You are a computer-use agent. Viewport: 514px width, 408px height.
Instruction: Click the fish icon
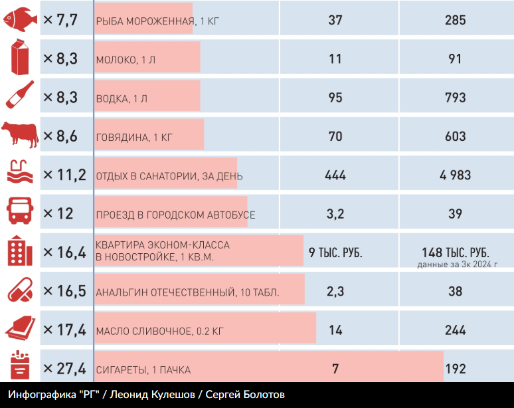[x=21, y=20]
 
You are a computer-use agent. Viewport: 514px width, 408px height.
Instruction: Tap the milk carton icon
[x=21, y=58]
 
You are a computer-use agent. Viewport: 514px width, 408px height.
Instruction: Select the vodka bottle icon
[x=21, y=97]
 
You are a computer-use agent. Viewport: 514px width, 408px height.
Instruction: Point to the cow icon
[x=20, y=136]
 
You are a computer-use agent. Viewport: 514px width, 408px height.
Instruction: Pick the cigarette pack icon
[x=20, y=367]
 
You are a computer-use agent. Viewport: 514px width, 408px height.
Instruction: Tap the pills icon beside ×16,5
[x=21, y=291]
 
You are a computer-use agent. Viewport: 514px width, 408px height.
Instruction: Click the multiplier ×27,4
[x=64, y=368]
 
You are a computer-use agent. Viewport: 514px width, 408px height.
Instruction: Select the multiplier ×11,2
[x=64, y=175]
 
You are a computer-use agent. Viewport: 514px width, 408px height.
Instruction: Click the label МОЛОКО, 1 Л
[x=126, y=60]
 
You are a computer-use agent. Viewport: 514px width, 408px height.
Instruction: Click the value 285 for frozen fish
[x=456, y=20]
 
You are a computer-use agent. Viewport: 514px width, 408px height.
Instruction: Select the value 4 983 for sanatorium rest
[x=455, y=175]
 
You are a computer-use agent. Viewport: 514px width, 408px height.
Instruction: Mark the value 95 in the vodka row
[x=335, y=98]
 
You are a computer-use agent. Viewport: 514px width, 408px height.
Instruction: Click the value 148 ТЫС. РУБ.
[x=456, y=253]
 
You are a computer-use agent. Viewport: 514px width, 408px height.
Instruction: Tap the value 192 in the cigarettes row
[x=456, y=369]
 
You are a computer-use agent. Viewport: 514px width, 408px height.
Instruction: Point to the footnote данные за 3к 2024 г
[x=457, y=264]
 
